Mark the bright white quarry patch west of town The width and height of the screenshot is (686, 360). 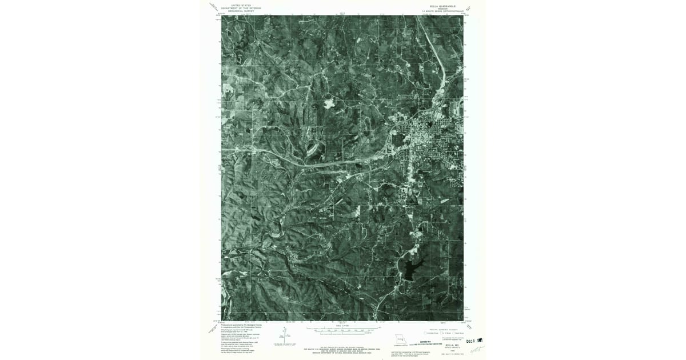(330, 104)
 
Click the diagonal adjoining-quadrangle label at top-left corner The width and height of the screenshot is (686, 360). (215, 7)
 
